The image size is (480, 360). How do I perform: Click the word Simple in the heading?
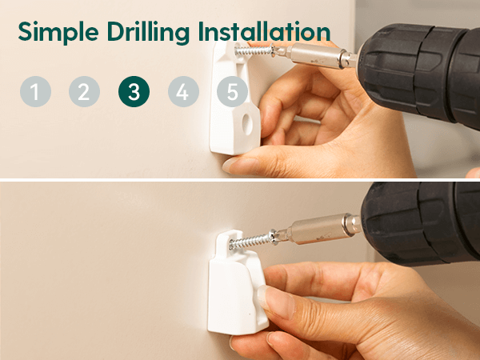tap(58, 33)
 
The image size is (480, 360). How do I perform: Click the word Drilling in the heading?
tap(149, 33)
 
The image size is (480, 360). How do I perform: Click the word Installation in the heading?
tap(264, 31)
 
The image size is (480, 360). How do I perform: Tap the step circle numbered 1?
tap(35, 91)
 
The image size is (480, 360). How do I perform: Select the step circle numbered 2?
tap(84, 91)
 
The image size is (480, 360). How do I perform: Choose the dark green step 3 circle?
tap(134, 91)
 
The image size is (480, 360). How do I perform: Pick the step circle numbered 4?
tap(183, 91)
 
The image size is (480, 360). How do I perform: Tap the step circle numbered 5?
tap(232, 91)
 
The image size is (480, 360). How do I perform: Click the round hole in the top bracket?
tap(247, 124)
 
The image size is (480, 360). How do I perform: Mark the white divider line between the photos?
tap(240, 180)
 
